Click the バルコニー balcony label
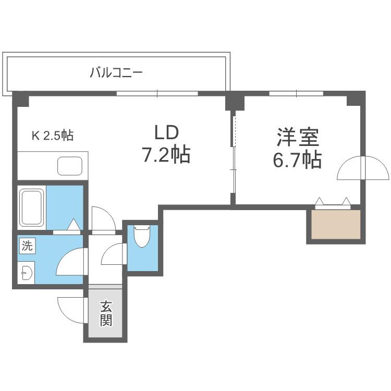point(116,72)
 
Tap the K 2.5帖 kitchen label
point(53,136)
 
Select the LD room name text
point(167,132)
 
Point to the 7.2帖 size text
point(166,154)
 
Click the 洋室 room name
point(298,137)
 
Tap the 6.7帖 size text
point(297,160)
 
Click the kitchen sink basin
point(70,166)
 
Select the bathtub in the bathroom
point(32,207)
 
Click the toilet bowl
point(142,236)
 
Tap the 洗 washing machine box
point(27,246)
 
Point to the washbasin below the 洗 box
point(26,273)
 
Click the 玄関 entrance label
point(106,313)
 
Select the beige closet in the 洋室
point(336,224)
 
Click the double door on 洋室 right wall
point(363,167)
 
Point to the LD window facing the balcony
point(157,93)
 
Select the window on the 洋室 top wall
point(296,93)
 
